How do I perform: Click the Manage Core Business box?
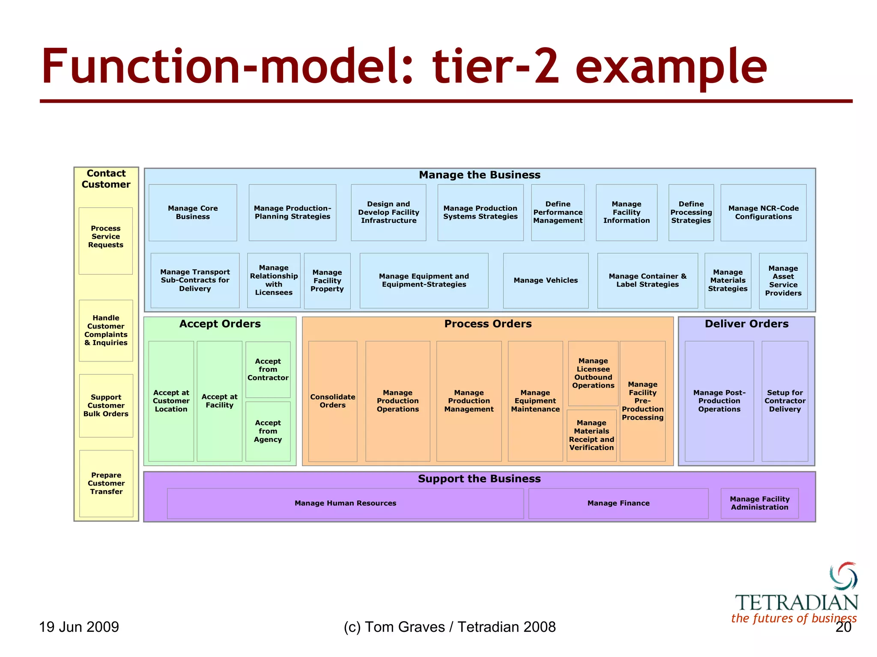193,213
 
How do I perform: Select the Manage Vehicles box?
546,281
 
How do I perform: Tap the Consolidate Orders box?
333,401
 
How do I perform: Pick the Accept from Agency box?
268,431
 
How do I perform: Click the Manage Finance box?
618,503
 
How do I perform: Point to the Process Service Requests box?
106,240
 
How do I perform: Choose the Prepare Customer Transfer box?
106,483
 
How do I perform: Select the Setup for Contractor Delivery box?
785,401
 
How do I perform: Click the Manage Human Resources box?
345,503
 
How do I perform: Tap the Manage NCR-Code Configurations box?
763,213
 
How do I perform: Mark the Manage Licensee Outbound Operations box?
593,373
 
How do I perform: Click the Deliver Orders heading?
746,324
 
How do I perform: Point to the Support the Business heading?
479,479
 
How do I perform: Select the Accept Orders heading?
220,324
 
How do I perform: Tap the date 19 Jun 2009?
79,627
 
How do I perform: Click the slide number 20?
843,627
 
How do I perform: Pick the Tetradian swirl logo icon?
843,576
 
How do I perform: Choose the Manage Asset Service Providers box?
783,281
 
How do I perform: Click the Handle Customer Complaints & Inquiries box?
106,330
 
